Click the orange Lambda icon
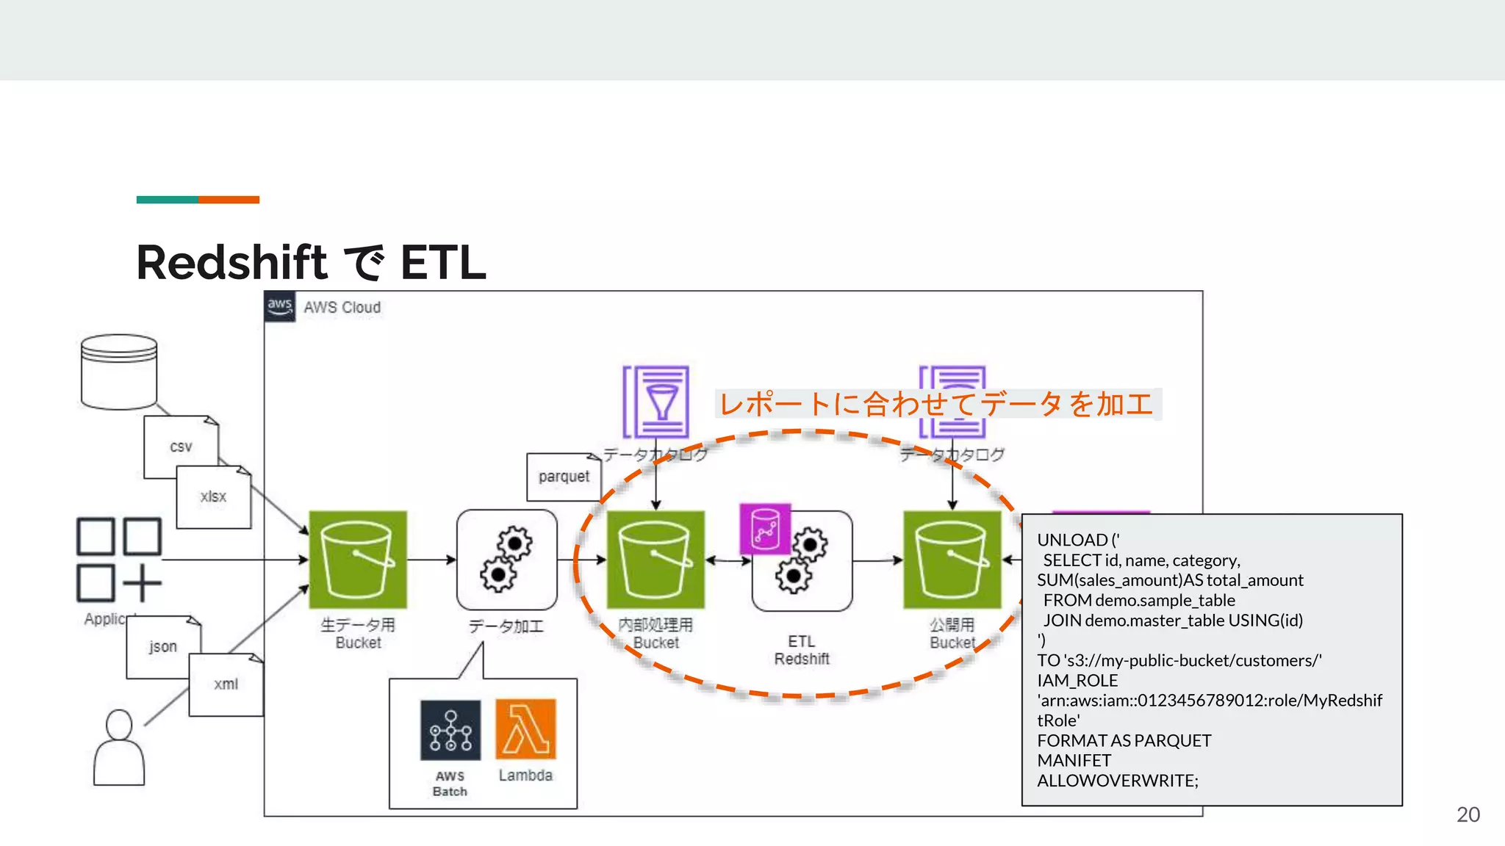[x=525, y=728]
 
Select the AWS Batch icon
[x=450, y=730]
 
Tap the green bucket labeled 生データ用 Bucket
[x=358, y=560]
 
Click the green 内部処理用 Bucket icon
[x=655, y=560]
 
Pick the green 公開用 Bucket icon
[x=952, y=560]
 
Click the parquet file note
[x=564, y=477]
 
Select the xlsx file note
[x=213, y=497]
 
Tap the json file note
[x=162, y=647]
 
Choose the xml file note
[x=226, y=684]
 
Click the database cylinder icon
[x=118, y=372]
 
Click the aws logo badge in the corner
[x=280, y=306]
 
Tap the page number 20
[x=1468, y=814]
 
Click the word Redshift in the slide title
[x=231, y=262]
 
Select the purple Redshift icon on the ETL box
[x=765, y=529]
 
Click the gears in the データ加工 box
[x=506, y=560]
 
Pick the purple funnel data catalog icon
[x=655, y=402]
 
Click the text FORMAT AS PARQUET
[x=1124, y=740]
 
